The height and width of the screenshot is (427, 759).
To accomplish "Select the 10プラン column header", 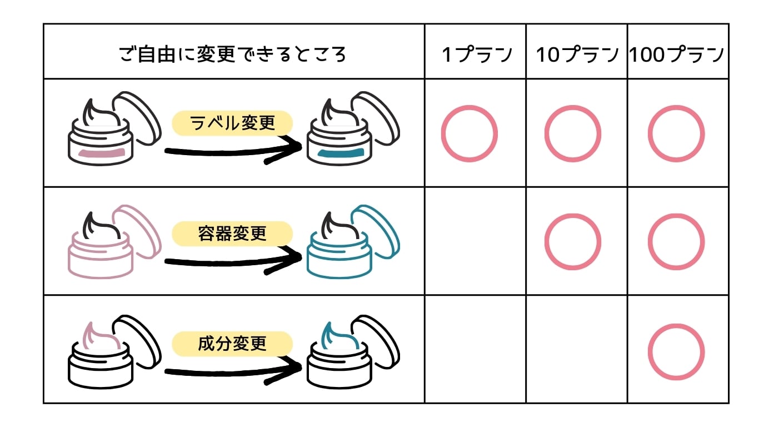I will tap(577, 54).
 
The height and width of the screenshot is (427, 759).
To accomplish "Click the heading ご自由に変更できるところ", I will tap(233, 54).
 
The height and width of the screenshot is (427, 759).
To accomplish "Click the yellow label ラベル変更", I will tap(233, 123).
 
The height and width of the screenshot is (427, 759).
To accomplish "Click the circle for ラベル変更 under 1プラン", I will tap(470, 134).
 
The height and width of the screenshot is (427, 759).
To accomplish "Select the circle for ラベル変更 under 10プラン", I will tap(572, 134).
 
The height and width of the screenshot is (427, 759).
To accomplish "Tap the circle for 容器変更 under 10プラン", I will tap(572, 242).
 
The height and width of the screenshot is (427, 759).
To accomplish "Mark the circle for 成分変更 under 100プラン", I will tap(676, 352).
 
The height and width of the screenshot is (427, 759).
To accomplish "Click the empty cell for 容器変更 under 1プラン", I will tap(475, 242).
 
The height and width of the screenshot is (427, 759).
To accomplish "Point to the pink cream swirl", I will tap(100, 336).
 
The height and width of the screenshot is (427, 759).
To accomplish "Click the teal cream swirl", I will tap(339, 336).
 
